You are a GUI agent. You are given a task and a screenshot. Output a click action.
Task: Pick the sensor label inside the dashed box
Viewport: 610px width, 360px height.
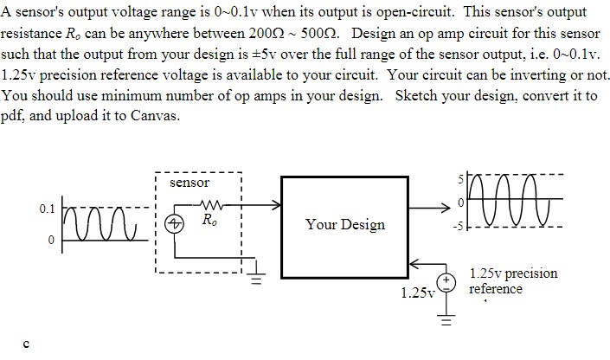(189, 183)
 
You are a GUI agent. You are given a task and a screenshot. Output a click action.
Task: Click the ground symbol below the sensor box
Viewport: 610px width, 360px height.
(257, 280)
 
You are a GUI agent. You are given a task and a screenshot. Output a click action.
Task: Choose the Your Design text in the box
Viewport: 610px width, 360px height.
(344, 224)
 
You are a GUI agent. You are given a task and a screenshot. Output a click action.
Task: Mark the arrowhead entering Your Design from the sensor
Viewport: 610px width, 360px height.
(274, 207)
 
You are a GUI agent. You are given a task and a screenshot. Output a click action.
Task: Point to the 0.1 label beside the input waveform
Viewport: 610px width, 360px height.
(47, 209)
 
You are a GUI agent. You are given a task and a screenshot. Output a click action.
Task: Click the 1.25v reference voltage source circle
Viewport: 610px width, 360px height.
(446, 284)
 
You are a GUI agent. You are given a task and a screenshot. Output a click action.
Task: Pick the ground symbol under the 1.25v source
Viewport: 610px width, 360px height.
(446, 321)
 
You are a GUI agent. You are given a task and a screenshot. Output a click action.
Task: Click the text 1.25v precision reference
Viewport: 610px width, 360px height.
(512, 281)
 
